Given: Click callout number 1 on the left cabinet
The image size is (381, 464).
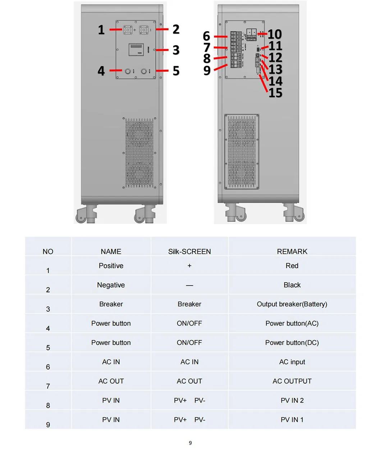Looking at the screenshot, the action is tap(101, 30).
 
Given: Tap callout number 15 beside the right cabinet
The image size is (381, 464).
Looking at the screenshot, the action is tap(275, 93).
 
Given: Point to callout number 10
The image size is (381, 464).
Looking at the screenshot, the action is tap(275, 34).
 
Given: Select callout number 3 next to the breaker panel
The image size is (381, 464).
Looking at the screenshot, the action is tap(176, 50).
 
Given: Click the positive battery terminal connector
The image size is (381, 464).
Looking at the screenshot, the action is tap(128, 29).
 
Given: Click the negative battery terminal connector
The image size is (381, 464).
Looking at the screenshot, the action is tap(144, 29).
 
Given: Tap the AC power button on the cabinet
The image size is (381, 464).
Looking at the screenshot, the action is tap(128, 71).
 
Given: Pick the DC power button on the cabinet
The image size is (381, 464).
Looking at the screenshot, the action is tap(144, 71).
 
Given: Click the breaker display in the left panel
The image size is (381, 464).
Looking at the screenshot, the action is tap(136, 50).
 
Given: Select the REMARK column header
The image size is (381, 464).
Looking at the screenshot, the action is tap(292, 251).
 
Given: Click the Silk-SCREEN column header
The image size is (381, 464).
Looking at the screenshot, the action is tap(189, 251).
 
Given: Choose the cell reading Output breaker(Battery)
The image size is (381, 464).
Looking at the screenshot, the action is tap(292, 304).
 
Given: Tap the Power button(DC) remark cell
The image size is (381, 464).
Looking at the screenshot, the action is tap(292, 343).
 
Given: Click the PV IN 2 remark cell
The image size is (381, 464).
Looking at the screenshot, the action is tap(292, 400).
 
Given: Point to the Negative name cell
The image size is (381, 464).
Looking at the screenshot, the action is tap(111, 285).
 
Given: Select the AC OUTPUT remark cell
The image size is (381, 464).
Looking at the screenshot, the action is tap(292, 381).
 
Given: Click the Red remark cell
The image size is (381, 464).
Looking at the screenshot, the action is tap(292, 266).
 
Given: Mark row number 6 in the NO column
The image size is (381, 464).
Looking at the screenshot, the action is tap(48, 367).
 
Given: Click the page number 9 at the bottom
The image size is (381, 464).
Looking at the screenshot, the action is tap(190, 443).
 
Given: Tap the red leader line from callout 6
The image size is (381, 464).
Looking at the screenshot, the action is tap(220, 37).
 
